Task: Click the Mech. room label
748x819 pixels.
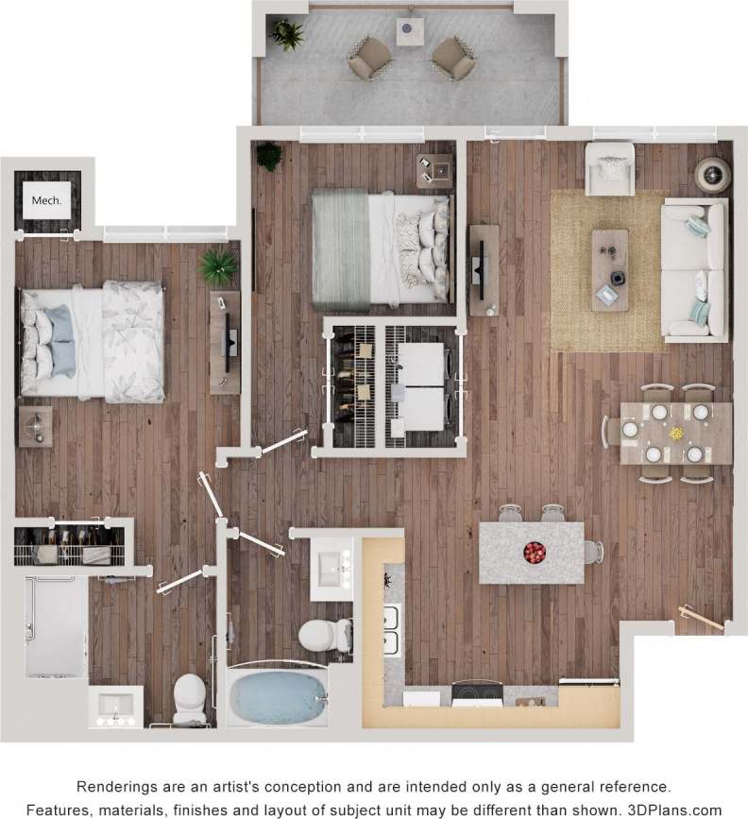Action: click(46, 200)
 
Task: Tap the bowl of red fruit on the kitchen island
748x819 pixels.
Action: click(534, 551)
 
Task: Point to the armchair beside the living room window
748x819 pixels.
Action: click(609, 169)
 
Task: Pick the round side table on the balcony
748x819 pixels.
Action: click(409, 31)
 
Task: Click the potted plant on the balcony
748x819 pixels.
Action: click(287, 35)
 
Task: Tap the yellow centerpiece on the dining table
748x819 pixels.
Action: click(675, 434)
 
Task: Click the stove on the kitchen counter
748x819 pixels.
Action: click(476, 695)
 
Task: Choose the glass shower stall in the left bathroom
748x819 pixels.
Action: click(56, 626)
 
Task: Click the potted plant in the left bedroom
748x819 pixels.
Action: click(218, 268)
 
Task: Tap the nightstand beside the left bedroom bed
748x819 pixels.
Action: click(36, 426)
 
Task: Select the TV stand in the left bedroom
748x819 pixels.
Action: click(225, 341)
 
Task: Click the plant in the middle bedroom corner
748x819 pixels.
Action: click(269, 156)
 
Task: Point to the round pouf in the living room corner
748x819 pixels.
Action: click(712, 175)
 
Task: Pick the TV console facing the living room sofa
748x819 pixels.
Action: click(484, 269)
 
